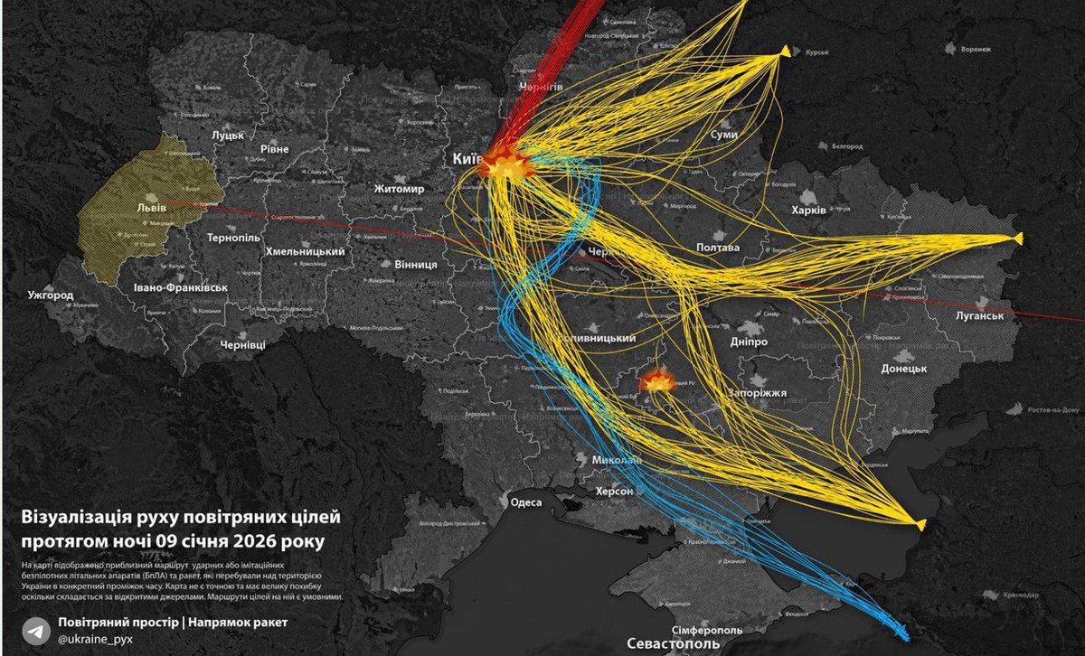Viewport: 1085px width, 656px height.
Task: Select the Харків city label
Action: [x=808, y=210]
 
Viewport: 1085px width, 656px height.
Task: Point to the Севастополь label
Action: [x=674, y=643]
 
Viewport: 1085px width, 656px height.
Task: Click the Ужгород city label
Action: [x=50, y=295]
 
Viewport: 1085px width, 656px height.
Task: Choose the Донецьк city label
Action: [x=904, y=369]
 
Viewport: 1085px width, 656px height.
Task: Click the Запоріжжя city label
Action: [x=757, y=394]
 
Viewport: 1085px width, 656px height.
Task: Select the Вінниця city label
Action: [x=416, y=265]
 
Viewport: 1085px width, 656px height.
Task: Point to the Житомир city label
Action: [x=399, y=190]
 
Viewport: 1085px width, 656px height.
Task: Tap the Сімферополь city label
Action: [x=707, y=628]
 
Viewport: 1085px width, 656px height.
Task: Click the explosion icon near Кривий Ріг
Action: [x=655, y=381]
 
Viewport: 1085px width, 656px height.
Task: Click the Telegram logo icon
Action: [x=36, y=630]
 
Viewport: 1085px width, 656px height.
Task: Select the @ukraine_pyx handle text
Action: [x=96, y=639]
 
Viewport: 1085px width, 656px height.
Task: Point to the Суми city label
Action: [x=724, y=135]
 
